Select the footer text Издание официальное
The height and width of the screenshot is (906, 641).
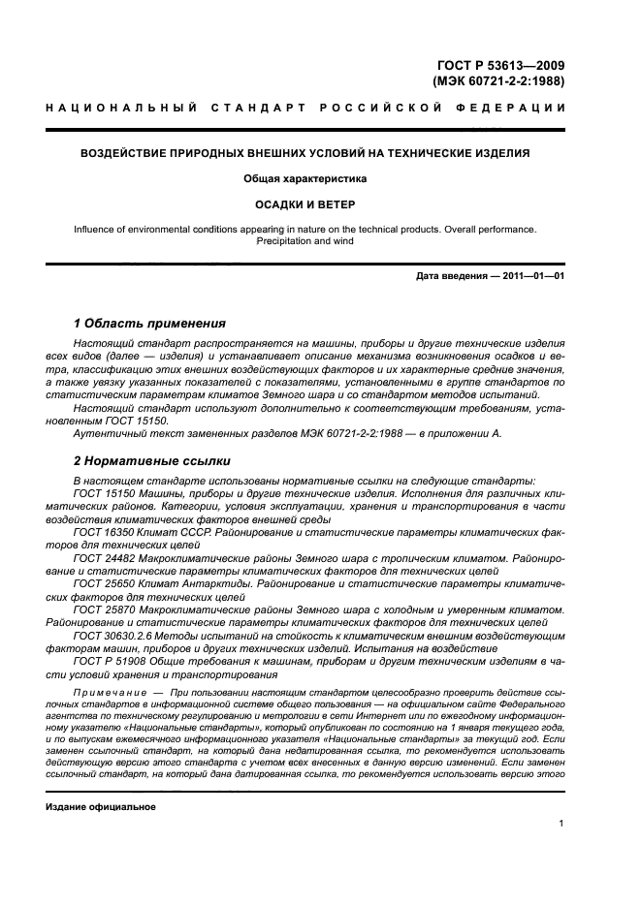tap(101, 806)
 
